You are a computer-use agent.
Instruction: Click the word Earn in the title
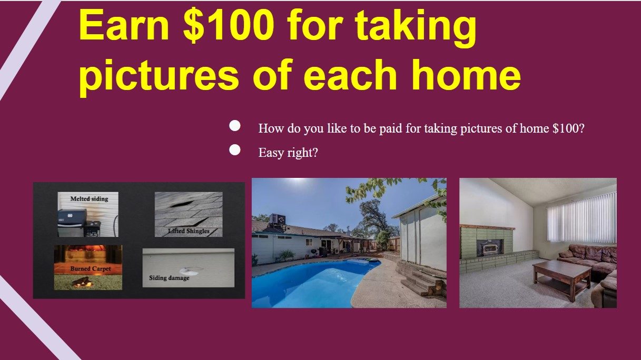124,25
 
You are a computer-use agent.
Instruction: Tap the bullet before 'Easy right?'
235,150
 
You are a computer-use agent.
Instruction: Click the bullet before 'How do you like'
235,126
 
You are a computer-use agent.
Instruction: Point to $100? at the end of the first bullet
568,128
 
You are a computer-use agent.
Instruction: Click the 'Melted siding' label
90,199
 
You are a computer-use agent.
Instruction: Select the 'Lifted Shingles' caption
189,231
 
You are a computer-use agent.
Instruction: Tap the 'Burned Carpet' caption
91,269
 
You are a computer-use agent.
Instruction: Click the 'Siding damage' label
169,278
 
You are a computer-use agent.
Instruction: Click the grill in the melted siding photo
79,223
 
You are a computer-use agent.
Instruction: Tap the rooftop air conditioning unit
277,221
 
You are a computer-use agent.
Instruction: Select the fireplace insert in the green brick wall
489,247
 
